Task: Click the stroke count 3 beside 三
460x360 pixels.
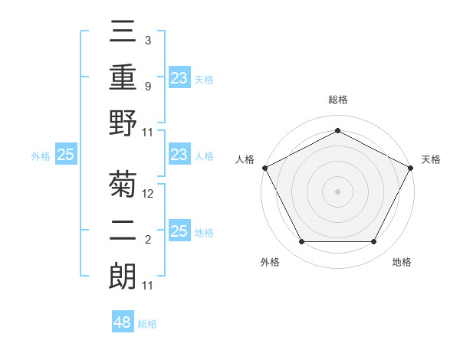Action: click(147, 40)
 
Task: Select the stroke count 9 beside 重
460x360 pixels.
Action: click(147, 86)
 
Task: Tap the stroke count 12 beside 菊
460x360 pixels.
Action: click(148, 194)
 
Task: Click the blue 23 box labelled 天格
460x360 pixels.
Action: click(179, 78)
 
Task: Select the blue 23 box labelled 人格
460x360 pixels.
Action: click(179, 155)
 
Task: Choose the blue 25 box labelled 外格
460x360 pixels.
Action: click(66, 155)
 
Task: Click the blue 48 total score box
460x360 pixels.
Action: click(123, 322)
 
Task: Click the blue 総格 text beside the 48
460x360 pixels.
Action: click(147, 324)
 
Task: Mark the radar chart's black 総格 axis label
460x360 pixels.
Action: click(337, 100)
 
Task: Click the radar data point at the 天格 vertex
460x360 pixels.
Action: click(412, 167)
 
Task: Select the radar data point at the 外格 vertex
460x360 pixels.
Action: click(301, 242)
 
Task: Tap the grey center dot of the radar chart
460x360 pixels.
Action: click(337, 191)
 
